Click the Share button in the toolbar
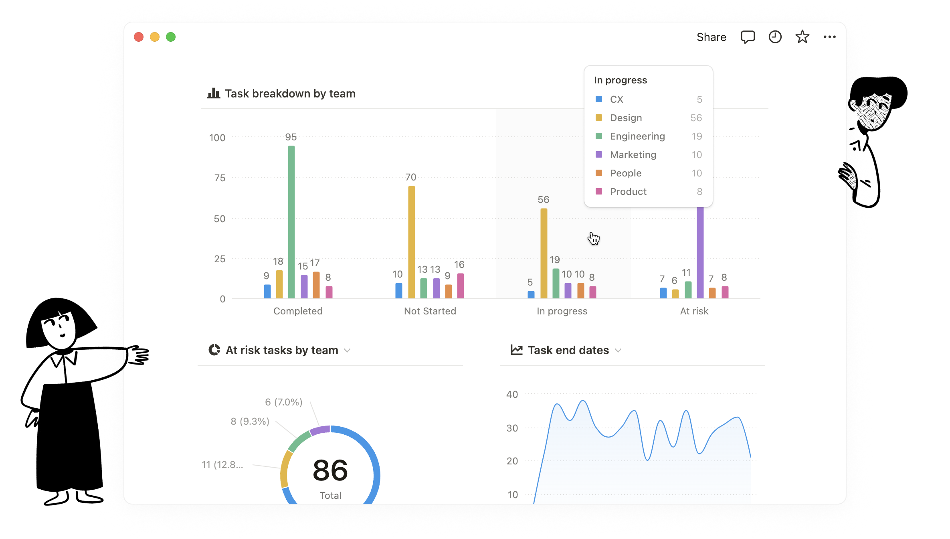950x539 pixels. coord(711,37)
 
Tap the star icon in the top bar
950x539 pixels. coord(802,37)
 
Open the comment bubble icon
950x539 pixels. coord(748,37)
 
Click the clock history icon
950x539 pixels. coord(775,37)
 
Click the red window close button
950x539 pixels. coord(139,37)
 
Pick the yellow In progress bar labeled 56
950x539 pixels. coord(544,253)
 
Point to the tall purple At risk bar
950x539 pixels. coord(700,252)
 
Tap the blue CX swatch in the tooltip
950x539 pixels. coord(599,99)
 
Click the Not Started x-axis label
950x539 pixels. coord(430,311)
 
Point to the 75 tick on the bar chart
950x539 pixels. coord(220,178)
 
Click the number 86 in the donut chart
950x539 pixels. coord(330,470)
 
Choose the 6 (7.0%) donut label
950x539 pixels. coord(283,402)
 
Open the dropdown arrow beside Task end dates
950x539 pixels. coord(618,351)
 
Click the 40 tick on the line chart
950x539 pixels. coord(512,395)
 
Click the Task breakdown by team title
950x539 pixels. coord(290,94)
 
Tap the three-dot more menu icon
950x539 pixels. coord(829,37)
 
